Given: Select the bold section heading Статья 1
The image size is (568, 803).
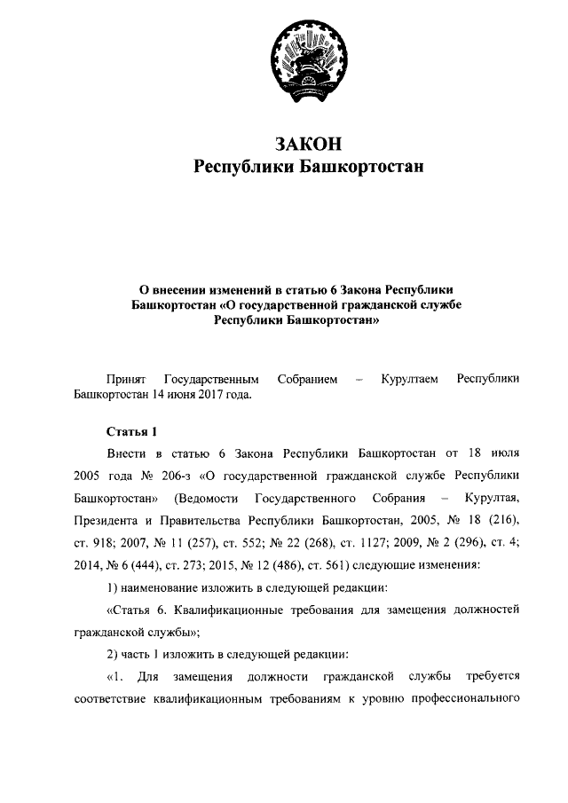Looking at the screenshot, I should click(x=130, y=432).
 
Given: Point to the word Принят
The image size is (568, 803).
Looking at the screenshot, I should click(x=123, y=379).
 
